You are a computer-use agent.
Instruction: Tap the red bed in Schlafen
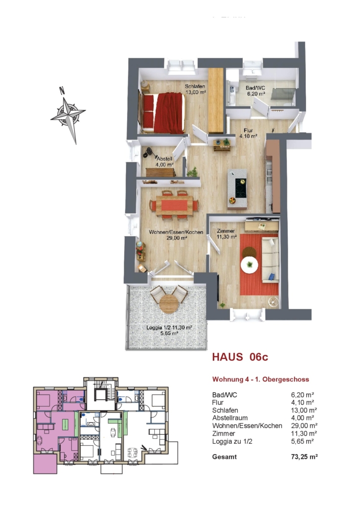click(163, 113)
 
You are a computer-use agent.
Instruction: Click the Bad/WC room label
click(255, 90)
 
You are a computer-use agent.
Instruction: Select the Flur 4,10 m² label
click(249, 133)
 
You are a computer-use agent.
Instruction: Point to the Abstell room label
click(164, 162)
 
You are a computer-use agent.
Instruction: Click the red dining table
click(174, 205)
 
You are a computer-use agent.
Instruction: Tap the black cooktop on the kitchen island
click(240, 188)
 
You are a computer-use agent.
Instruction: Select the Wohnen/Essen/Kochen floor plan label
click(176, 235)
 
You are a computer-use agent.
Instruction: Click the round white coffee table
click(249, 265)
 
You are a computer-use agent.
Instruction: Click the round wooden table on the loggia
click(169, 303)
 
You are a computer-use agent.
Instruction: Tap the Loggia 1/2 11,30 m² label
click(169, 330)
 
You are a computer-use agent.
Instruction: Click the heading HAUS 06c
click(240, 357)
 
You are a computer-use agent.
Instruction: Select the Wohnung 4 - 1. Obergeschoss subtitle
click(261, 379)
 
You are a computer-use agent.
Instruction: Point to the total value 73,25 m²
click(304, 457)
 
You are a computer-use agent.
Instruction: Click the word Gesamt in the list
click(224, 457)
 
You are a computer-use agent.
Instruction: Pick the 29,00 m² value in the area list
click(304, 425)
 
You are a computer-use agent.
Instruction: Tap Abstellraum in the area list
click(230, 418)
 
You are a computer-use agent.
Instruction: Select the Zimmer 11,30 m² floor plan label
click(226, 234)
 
